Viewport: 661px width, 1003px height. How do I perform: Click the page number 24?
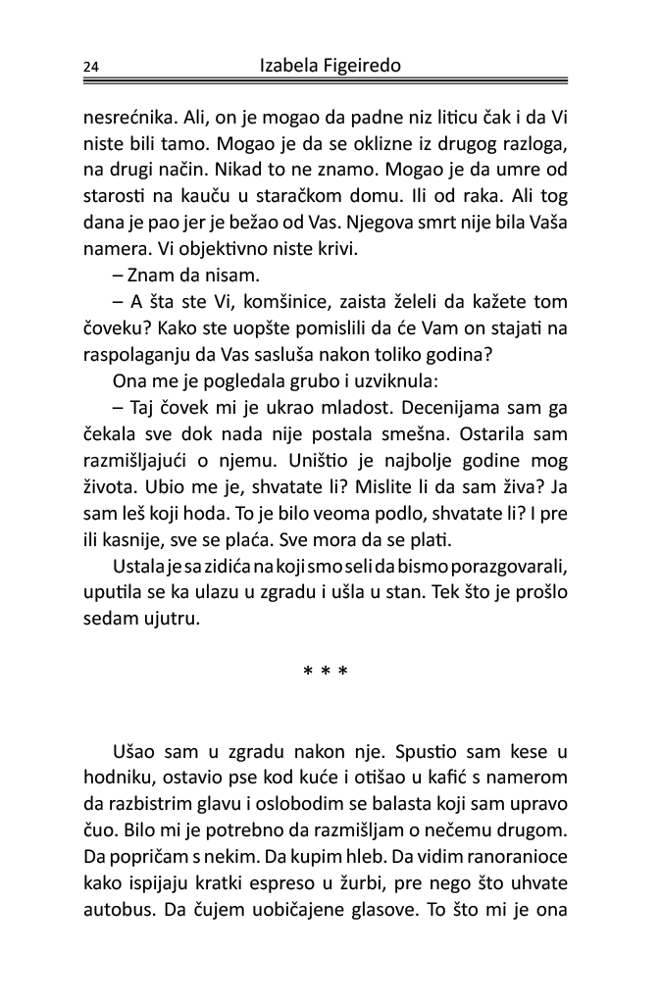(x=91, y=67)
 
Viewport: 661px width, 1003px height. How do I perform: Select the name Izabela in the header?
(x=291, y=66)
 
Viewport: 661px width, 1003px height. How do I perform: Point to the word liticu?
(x=415, y=119)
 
